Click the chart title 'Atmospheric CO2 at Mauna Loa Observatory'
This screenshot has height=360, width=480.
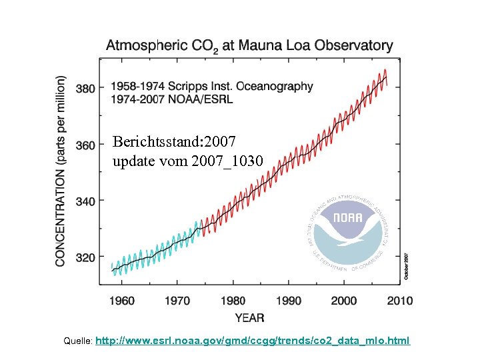[x=249, y=46]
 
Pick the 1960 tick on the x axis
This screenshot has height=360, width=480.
[x=122, y=301]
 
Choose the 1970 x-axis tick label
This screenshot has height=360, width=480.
[x=177, y=301]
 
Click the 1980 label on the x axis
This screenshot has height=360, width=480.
[x=233, y=301]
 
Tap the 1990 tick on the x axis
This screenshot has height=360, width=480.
[x=288, y=301]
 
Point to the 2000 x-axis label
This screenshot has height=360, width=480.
[x=344, y=301]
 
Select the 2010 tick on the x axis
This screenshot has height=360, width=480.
[x=399, y=301]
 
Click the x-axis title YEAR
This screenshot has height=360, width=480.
[x=249, y=317]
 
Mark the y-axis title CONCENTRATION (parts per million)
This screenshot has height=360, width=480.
[x=61, y=171]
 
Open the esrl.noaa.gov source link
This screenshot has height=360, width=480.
[x=253, y=341]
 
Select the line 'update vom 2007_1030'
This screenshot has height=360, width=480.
[x=188, y=161]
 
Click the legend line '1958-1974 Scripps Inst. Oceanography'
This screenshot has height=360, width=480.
[x=211, y=86]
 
